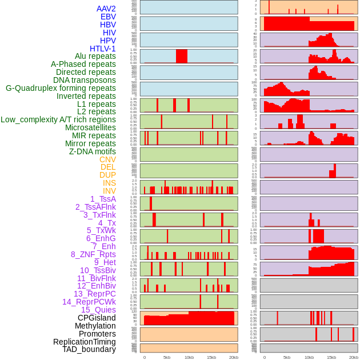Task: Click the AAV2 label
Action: pyautogui.click(x=106, y=9)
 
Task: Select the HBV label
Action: pyautogui.click(x=107, y=25)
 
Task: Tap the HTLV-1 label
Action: pyautogui.click(x=102, y=49)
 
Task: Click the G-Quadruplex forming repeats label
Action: pyautogui.click(x=61, y=89)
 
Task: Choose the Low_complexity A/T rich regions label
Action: pyautogui.click(x=58, y=119)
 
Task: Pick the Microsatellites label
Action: pyautogui.click(x=90, y=128)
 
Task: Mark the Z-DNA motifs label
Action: pyautogui.click(x=92, y=151)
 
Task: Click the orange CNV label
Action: pyautogui.click(x=107, y=159)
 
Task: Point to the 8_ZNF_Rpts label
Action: pyautogui.click(x=93, y=254)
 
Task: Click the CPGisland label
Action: pyautogui.click(x=97, y=318)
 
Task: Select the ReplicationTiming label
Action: pyautogui.click(x=84, y=342)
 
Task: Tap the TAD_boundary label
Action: pyautogui.click(x=89, y=349)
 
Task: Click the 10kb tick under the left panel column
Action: pyautogui.click(x=189, y=357)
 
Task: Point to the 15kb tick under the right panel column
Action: pyautogui.click(x=331, y=357)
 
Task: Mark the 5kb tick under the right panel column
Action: pyautogui.click(x=286, y=357)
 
